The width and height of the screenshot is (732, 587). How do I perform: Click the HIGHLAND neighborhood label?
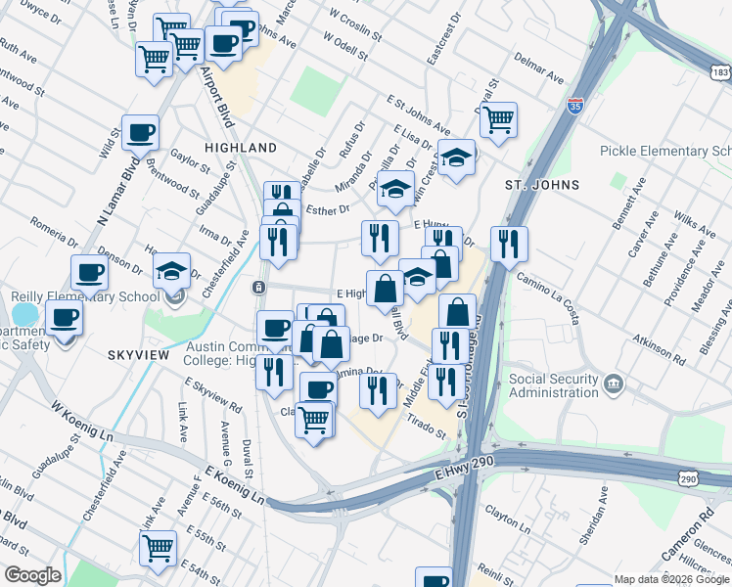[241, 147]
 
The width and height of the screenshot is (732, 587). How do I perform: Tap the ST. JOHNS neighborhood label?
[541, 184]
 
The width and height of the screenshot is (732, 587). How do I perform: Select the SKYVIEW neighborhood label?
[141, 360]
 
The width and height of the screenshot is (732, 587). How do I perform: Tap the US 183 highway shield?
[720, 72]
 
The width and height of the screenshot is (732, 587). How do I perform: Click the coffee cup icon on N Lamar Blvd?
[141, 131]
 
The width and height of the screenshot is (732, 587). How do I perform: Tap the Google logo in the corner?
[31, 575]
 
